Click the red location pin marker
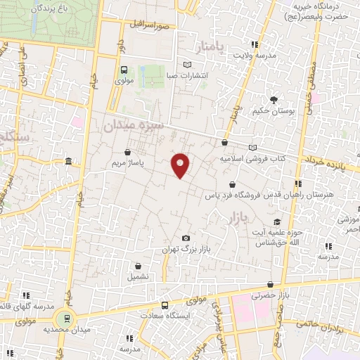tap(181, 165)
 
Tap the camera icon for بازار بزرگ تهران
tap(186, 239)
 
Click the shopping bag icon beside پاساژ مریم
tap(127, 151)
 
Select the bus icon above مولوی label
tap(124, 70)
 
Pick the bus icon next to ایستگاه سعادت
tap(165, 306)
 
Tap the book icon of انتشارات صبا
tap(186, 63)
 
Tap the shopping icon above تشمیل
tap(138, 266)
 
